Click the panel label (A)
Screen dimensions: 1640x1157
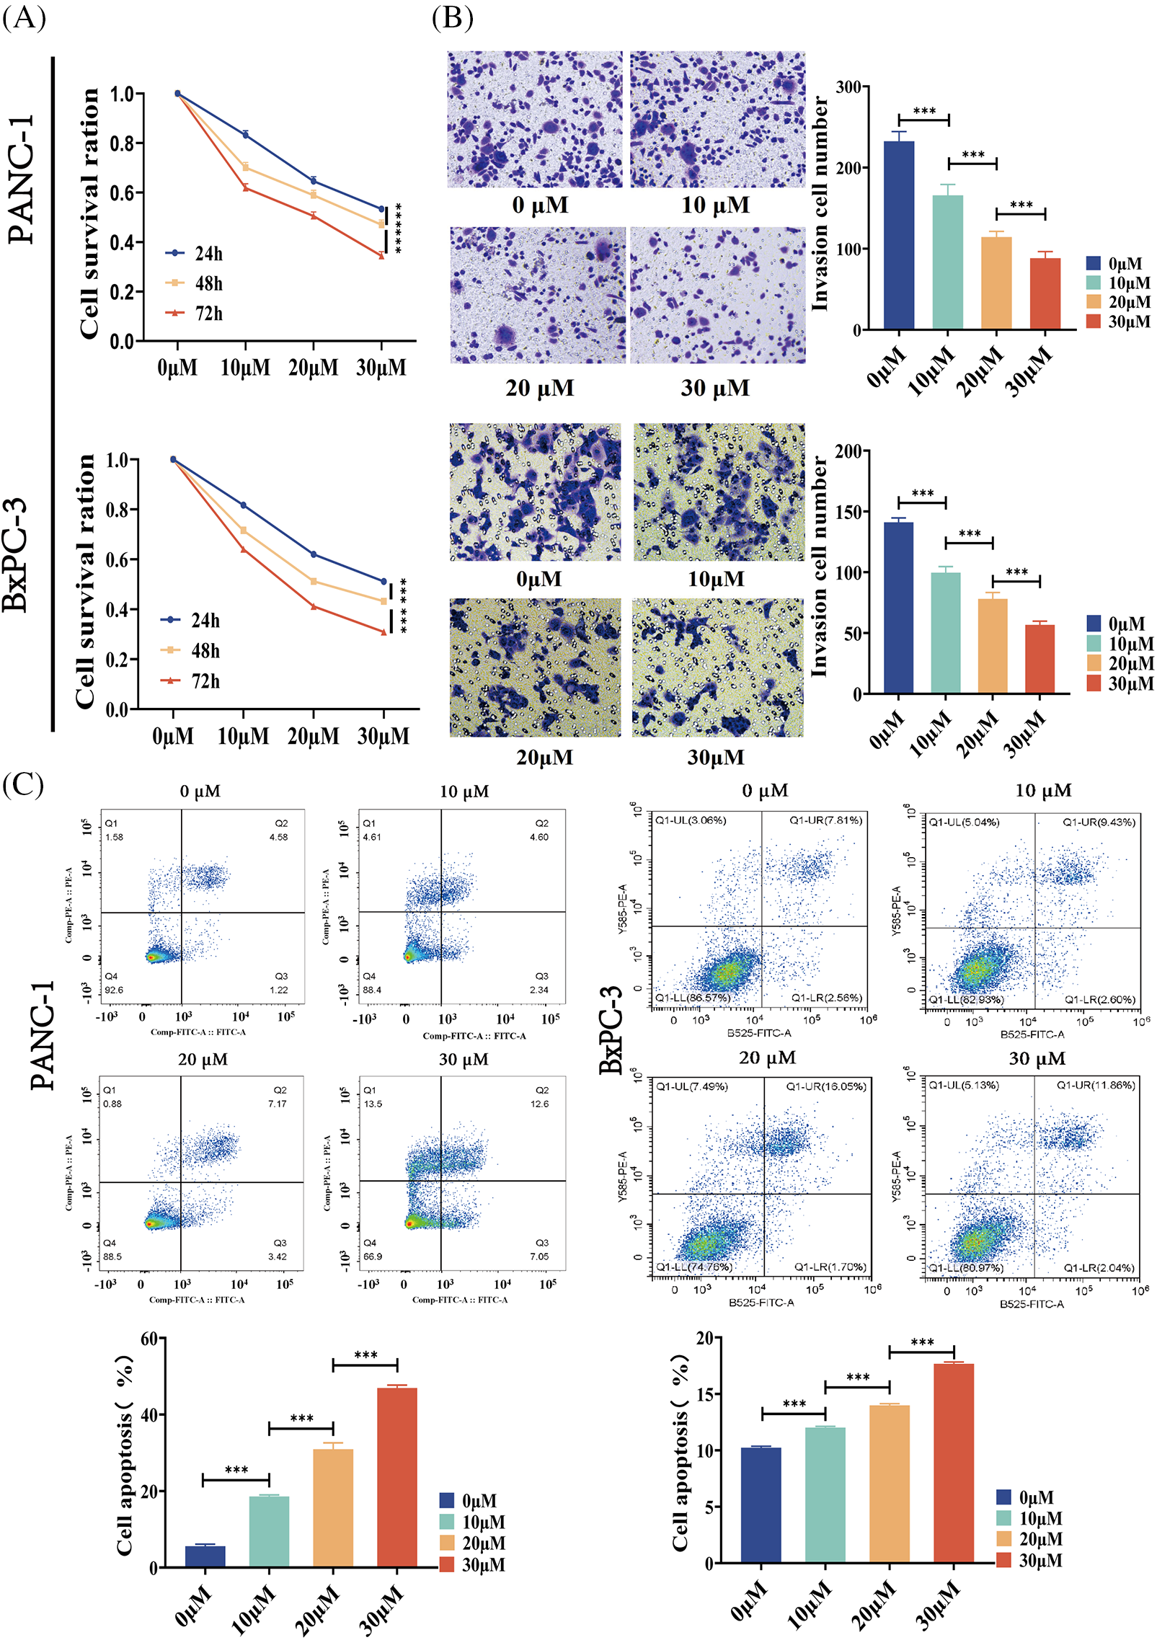(24, 16)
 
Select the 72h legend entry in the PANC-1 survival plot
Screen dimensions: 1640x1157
(195, 314)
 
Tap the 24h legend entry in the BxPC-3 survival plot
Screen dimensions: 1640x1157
(191, 620)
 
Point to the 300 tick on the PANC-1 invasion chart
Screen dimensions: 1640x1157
(848, 87)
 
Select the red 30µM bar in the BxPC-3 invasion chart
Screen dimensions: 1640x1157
(1039, 659)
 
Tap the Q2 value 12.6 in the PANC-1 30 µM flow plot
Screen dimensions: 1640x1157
(539, 1104)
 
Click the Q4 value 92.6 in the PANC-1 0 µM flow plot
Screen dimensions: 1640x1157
(114, 990)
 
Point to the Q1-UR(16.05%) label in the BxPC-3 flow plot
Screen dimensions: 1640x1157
(826, 1086)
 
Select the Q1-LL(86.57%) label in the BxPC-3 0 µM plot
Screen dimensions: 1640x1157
(693, 998)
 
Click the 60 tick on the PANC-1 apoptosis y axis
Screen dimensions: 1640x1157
(148, 1339)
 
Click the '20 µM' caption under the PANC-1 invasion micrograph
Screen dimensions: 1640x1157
(539, 388)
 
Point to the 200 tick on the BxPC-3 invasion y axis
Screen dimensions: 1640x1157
(848, 451)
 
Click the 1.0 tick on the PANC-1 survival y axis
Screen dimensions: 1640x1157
(122, 94)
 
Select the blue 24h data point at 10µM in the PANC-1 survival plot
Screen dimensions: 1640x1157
(246, 135)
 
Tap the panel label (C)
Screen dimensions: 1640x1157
(23, 784)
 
